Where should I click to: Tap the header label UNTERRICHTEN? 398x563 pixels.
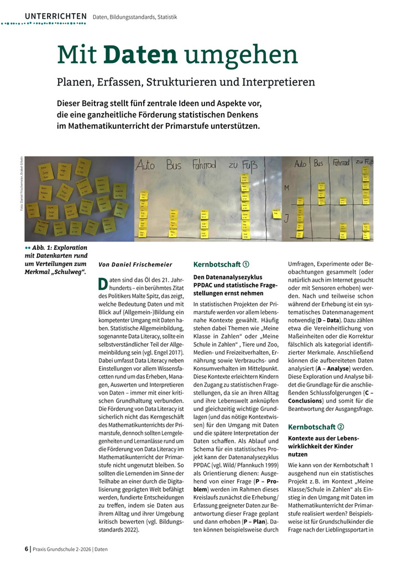[x=55, y=16]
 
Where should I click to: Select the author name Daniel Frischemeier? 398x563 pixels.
[x=143, y=265]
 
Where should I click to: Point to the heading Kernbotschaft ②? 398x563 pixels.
[x=316, y=427]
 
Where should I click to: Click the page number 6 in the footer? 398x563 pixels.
[x=27, y=549]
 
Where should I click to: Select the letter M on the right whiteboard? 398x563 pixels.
[x=287, y=188]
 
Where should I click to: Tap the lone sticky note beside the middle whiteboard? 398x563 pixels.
[x=276, y=213]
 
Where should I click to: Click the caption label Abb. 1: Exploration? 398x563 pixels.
[x=55, y=248]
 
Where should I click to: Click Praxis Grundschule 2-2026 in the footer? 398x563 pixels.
[x=62, y=549]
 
